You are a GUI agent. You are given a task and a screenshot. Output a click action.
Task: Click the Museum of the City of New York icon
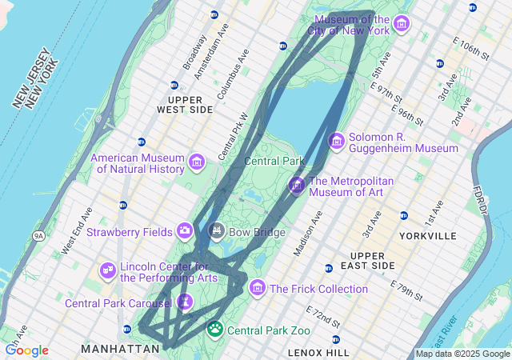point(401,22)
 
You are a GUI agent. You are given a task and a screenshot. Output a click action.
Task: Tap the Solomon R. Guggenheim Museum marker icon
point(336,142)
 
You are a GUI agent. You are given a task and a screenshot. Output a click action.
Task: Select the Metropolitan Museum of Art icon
point(297,186)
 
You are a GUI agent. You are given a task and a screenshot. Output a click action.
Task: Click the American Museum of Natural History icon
point(197,162)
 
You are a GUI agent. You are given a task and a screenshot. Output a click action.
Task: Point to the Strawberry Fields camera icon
point(185,231)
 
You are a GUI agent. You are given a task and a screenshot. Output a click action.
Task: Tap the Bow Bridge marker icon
point(216,231)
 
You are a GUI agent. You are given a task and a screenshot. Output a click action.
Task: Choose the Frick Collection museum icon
point(257,287)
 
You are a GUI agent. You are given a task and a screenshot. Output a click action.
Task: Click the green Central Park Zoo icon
point(215,328)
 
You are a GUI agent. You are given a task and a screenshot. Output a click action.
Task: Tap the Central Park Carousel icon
point(185,302)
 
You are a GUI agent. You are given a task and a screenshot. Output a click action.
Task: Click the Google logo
point(26,350)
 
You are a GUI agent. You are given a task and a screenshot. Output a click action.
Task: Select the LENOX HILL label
point(318,352)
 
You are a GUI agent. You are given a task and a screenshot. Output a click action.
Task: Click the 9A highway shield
point(38,236)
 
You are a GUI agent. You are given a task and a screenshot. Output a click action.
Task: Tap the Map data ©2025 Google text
point(462,354)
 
